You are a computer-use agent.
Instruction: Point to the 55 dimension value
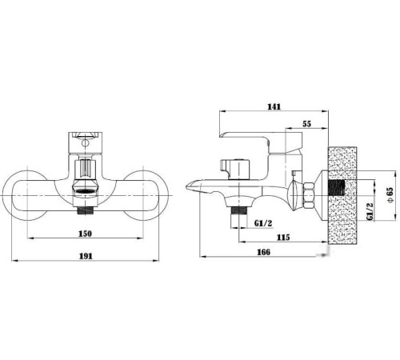click(x=307, y=124)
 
